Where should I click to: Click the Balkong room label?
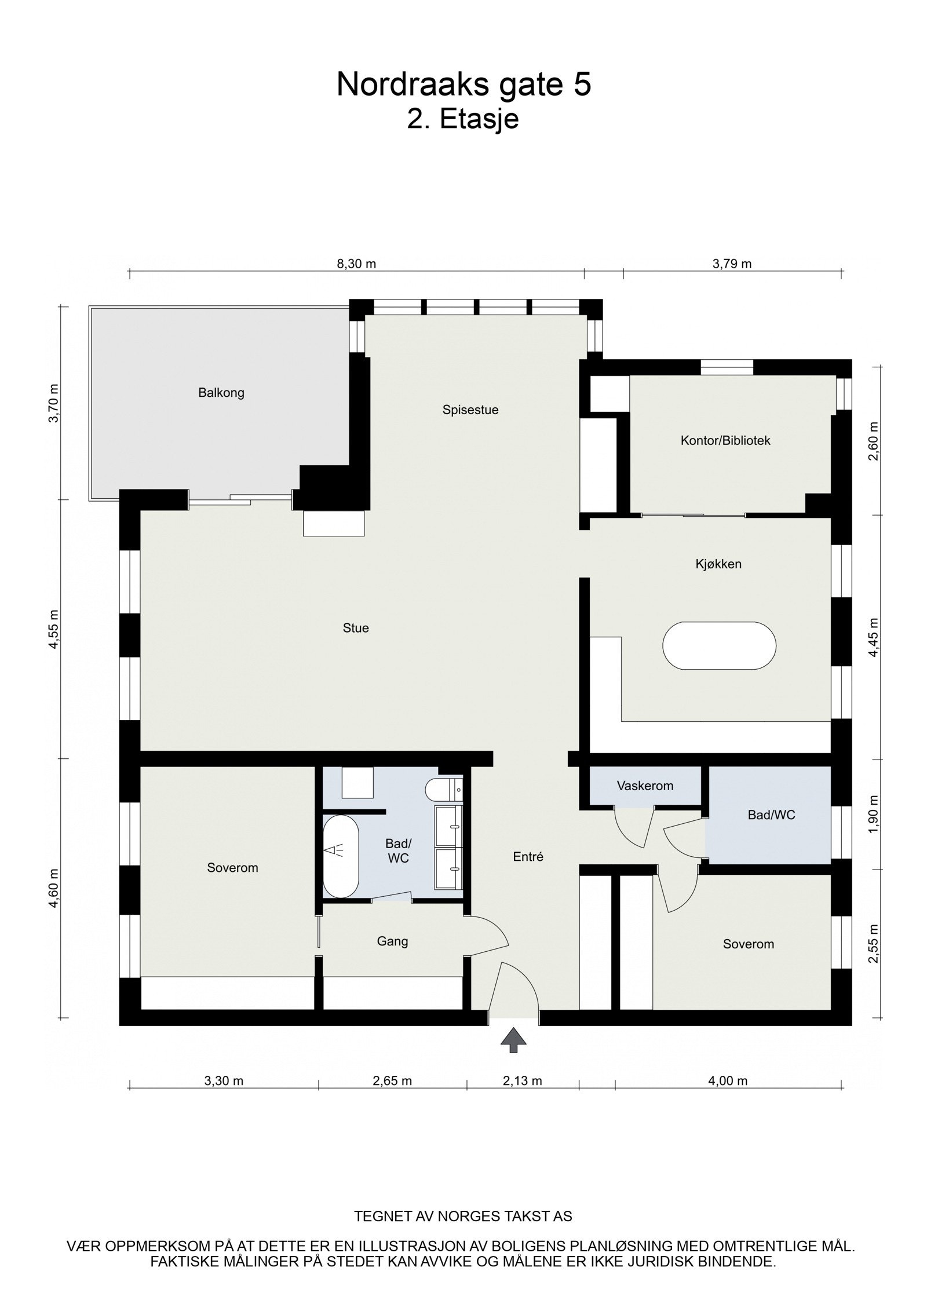(221, 393)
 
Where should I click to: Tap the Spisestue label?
(470, 410)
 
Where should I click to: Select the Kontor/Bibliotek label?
(725, 440)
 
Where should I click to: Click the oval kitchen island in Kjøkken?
(718, 646)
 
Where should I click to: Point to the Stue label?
(355, 628)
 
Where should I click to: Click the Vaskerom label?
(644, 786)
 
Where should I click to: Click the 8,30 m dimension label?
(356, 264)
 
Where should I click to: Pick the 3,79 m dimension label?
(731, 264)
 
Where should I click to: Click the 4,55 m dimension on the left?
(53, 629)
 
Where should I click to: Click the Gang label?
(392, 941)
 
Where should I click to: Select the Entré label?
(528, 856)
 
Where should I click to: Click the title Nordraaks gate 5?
(463, 85)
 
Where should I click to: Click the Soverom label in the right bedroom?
(748, 944)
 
